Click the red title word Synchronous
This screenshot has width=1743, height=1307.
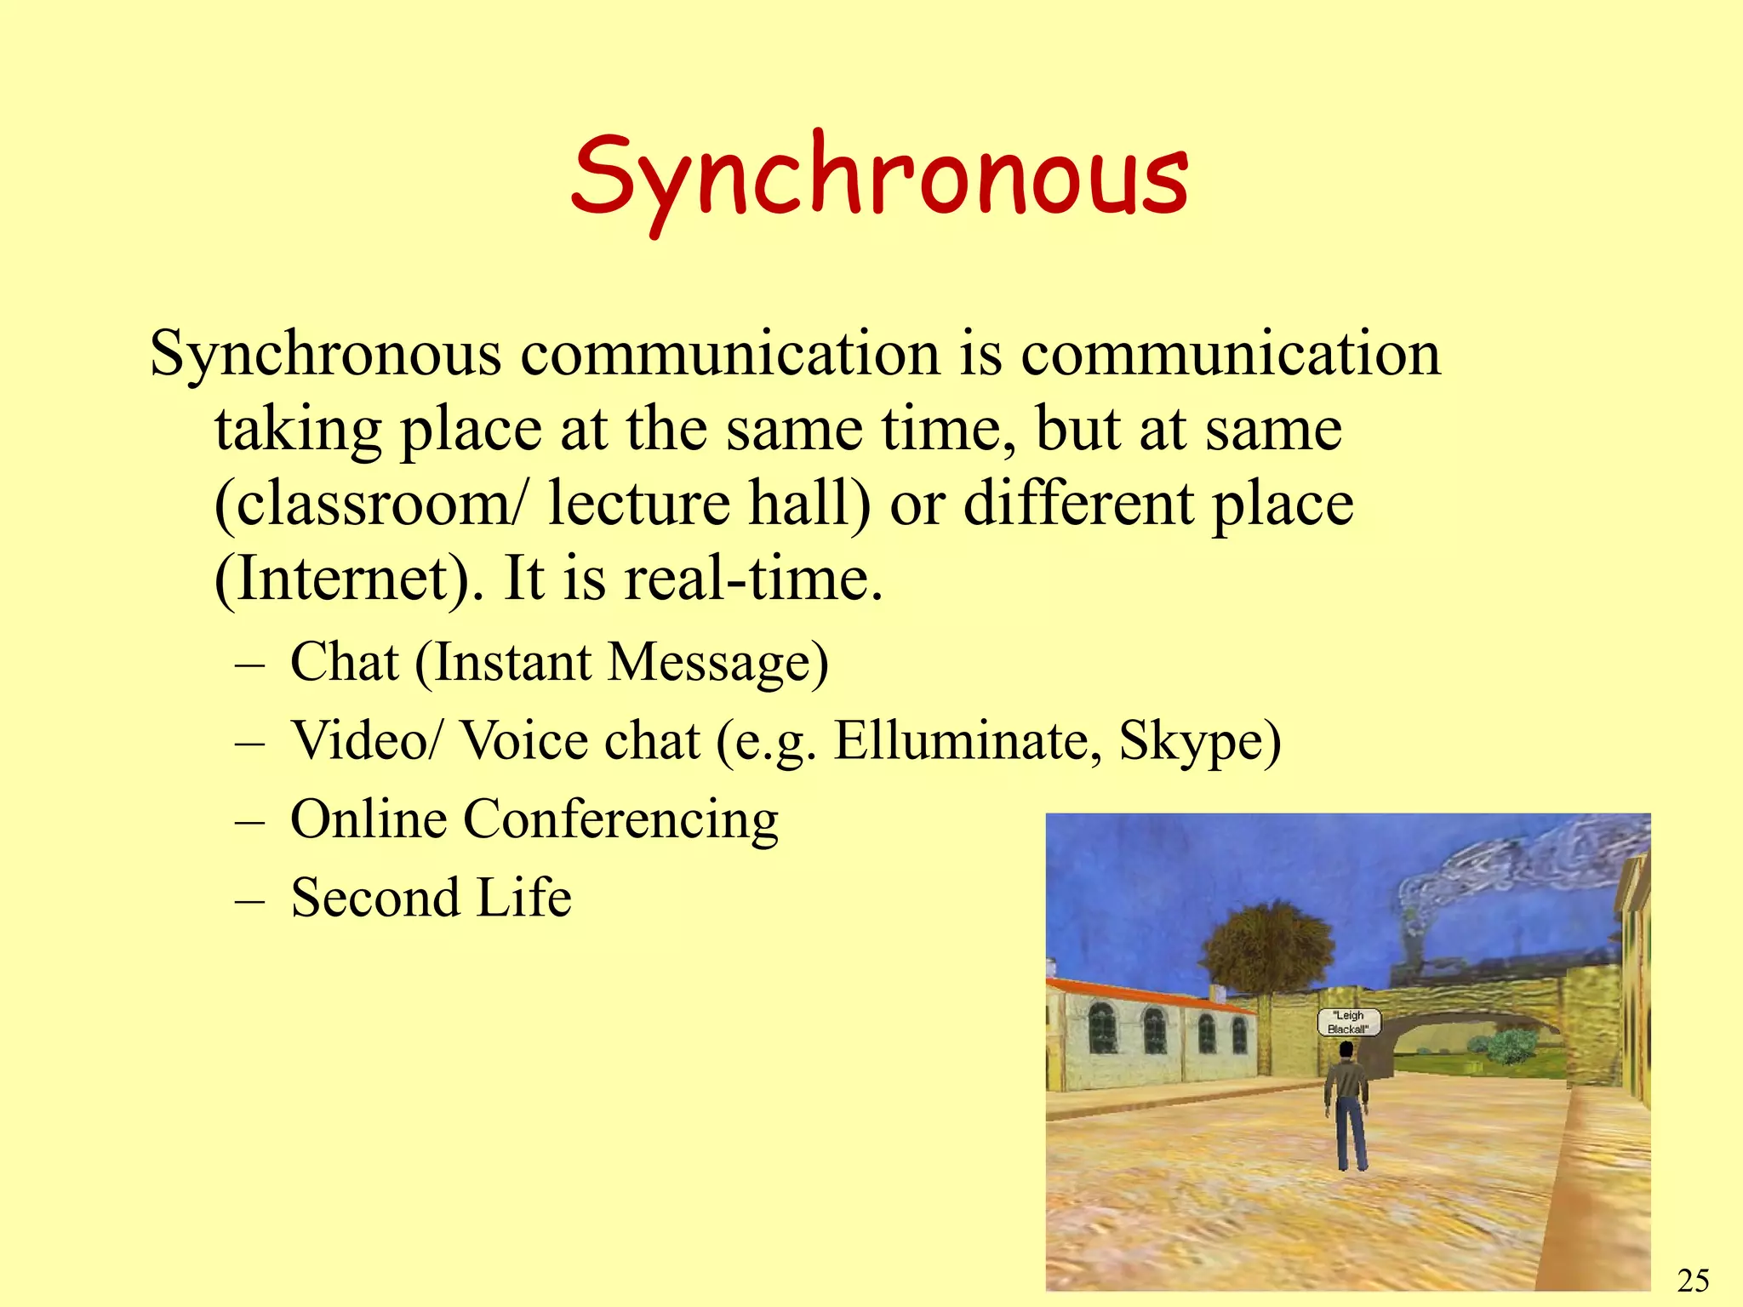click(879, 177)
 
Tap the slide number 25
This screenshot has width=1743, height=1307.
click(1693, 1280)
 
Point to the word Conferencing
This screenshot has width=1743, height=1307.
click(620, 819)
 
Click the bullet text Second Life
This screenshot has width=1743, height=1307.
click(431, 898)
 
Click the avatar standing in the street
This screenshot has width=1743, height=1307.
click(1346, 1106)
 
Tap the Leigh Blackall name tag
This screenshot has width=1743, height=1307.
click(1348, 1022)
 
